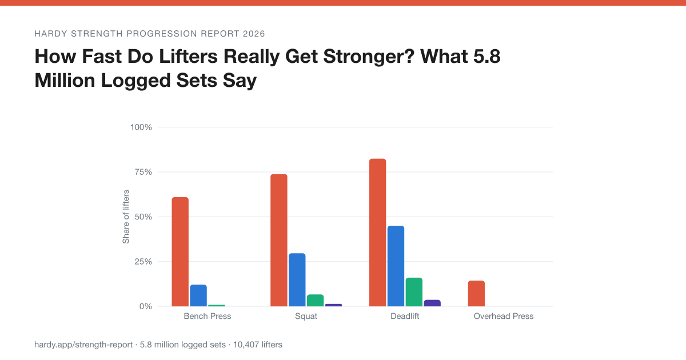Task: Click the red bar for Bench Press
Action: tap(180, 251)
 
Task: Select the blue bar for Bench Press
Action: tap(198, 295)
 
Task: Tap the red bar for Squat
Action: tap(279, 240)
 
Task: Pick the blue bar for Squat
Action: tap(297, 280)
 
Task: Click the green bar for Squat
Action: tap(315, 301)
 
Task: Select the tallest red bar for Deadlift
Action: tap(378, 233)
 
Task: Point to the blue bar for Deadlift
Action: tap(396, 266)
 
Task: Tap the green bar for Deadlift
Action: tap(414, 292)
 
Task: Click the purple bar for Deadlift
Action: tap(432, 303)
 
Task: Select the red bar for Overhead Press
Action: tap(477, 294)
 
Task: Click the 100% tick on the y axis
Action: tap(141, 127)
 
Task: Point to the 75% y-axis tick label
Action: tap(143, 172)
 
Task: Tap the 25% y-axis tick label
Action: tap(143, 262)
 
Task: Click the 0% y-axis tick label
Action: tap(145, 306)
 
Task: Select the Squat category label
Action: tap(306, 316)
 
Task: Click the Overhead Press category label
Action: tap(504, 316)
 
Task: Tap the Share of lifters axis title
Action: tap(126, 217)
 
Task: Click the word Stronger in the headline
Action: tap(369, 57)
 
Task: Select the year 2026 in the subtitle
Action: tap(254, 34)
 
